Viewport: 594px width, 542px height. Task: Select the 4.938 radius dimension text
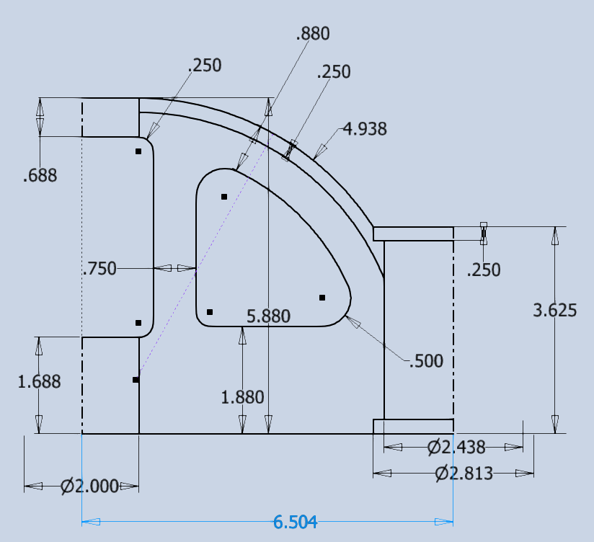point(365,129)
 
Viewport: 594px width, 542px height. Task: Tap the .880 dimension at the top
point(312,33)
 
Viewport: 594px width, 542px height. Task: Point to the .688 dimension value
point(40,175)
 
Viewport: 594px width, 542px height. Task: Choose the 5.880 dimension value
point(268,316)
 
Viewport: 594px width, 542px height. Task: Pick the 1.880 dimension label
point(242,396)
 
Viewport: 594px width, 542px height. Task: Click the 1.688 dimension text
point(39,381)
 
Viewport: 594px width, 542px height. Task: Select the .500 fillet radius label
point(425,361)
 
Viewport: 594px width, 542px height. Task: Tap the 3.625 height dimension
point(554,311)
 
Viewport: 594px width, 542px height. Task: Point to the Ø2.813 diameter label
point(464,474)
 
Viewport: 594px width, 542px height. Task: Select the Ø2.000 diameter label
point(89,487)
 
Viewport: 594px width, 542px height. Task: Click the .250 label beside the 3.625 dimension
point(484,270)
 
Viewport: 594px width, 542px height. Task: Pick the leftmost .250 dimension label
point(204,65)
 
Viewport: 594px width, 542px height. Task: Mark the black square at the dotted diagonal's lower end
point(136,379)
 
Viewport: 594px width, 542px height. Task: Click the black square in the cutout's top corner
point(224,197)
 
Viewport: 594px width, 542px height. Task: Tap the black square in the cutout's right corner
point(322,298)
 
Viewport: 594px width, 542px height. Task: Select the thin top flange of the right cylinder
point(413,234)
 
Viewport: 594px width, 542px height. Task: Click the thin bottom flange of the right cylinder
point(413,426)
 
